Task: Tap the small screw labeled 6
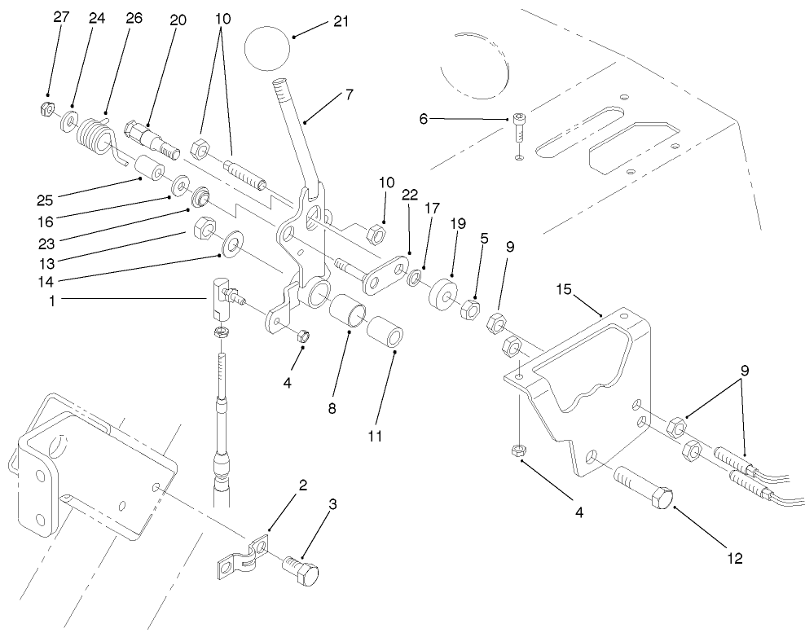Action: [x=519, y=127]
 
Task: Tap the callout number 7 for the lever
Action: [x=349, y=94]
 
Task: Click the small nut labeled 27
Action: [x=46, y=108]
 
